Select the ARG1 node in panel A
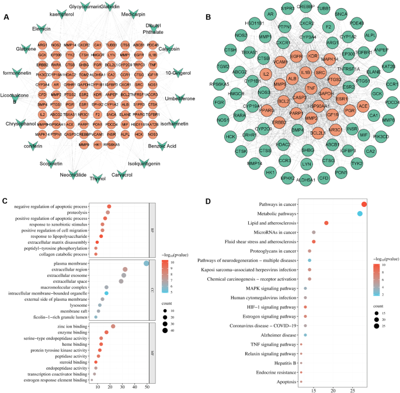(43, 45)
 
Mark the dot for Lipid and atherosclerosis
(326, 223)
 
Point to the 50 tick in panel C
(146, 387)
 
